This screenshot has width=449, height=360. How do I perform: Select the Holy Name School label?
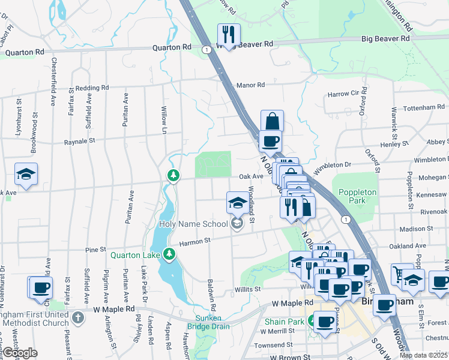click(193, 224)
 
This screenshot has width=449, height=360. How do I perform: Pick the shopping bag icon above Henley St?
click(272, 121)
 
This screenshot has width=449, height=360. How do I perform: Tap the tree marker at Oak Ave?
click(173, 175)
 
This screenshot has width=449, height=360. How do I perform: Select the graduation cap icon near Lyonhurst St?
click(26, 174)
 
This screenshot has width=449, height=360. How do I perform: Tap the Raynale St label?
click(80, 142)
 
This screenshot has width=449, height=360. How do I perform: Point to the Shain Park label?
click(285, 322)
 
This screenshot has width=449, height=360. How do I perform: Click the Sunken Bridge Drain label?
click(212, 322)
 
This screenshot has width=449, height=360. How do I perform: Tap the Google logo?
click(20, 353)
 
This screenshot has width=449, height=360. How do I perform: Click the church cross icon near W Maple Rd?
click(77, 317)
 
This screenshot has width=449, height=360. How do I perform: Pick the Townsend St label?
click(273, 346)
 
